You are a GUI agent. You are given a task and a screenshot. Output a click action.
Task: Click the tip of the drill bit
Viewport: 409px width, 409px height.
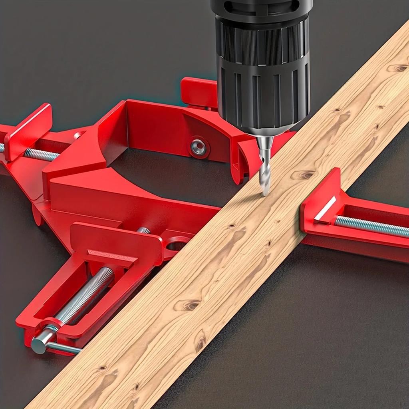pyautogui.click(x=264, y=195)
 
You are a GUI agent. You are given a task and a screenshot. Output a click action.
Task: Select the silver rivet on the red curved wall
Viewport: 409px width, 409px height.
pyautogui.click(x=199, y=148)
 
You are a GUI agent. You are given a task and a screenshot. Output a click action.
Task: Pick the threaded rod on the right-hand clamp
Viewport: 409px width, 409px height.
pyautogui.click(x=371, y=226)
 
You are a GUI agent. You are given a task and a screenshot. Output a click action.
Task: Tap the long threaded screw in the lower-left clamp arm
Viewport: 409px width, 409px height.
pyautogui.click(x=86, y=294)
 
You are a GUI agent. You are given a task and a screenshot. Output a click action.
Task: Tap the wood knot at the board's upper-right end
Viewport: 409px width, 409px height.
pyautogui.click(x=397, y=68)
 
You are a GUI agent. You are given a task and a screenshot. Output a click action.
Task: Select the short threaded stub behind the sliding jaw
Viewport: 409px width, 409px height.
pyautogui.click(x=144, y=230)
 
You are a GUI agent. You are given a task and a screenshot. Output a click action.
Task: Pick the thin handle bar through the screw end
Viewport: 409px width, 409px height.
pyautogui.click(x=64, y=348)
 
